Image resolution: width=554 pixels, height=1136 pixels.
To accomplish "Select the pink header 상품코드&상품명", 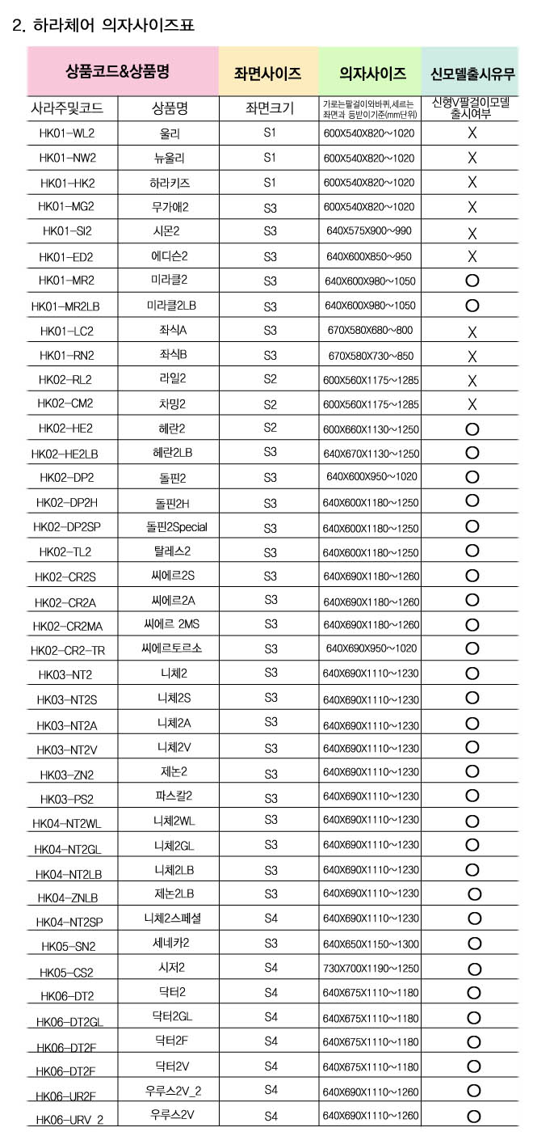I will point(123,71).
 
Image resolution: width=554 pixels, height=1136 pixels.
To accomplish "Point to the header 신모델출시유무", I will point(472,74).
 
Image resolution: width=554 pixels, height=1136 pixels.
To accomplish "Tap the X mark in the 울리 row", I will point(472,133).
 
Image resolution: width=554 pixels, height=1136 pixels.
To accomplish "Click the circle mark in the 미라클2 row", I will point(473,281).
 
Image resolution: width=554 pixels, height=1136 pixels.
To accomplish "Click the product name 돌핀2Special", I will point(176,527).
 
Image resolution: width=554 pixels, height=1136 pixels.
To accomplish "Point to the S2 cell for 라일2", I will point(271,379).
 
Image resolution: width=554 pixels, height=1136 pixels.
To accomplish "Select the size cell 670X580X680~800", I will point(368,331).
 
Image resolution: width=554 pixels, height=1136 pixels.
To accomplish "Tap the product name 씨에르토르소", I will point(171,648).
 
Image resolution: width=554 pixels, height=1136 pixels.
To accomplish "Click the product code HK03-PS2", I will point(67,799).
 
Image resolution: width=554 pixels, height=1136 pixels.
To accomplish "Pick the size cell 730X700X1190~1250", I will point(371,969).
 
